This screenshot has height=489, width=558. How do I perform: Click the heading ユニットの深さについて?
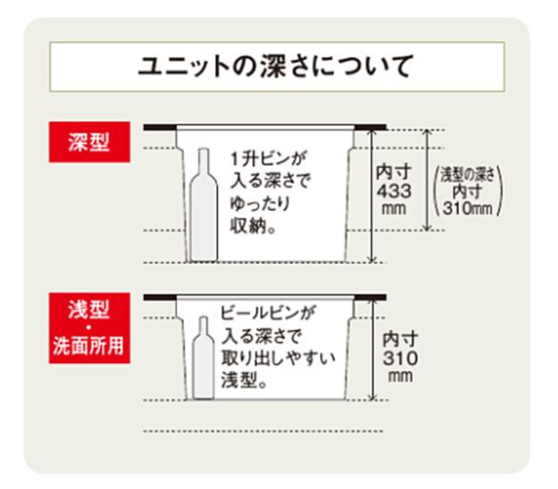(276, 67)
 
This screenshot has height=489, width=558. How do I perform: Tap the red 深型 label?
(90, 142)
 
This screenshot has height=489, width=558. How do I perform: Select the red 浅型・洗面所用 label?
(90, 328)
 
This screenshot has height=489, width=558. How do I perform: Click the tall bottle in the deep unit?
(204, 205)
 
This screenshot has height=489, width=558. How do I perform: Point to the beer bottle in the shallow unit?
(203, 357)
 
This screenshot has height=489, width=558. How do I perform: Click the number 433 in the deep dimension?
(394, 191)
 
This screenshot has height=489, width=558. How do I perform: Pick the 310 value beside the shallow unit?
(400, 358)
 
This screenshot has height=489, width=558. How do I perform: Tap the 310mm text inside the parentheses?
(468, 209)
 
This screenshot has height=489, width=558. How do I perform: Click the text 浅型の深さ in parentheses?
(468, 174)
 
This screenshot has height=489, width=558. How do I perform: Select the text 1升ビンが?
(268, 158)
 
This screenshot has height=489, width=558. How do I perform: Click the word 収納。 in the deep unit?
(252, 226)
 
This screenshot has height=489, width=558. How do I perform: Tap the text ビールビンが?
(268, 313)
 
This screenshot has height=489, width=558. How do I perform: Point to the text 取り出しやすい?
(278, 357)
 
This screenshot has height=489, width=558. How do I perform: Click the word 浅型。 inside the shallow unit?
(244, 379)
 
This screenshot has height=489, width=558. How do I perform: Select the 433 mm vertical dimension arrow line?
(372, 195)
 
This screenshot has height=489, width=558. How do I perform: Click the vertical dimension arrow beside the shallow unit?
(372, 350)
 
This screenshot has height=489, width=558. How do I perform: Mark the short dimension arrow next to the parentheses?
(428, 180)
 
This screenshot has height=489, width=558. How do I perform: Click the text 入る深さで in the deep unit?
(270, 181)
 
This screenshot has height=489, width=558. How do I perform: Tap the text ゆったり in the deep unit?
(260, 203)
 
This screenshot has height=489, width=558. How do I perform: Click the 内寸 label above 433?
(393, 173)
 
